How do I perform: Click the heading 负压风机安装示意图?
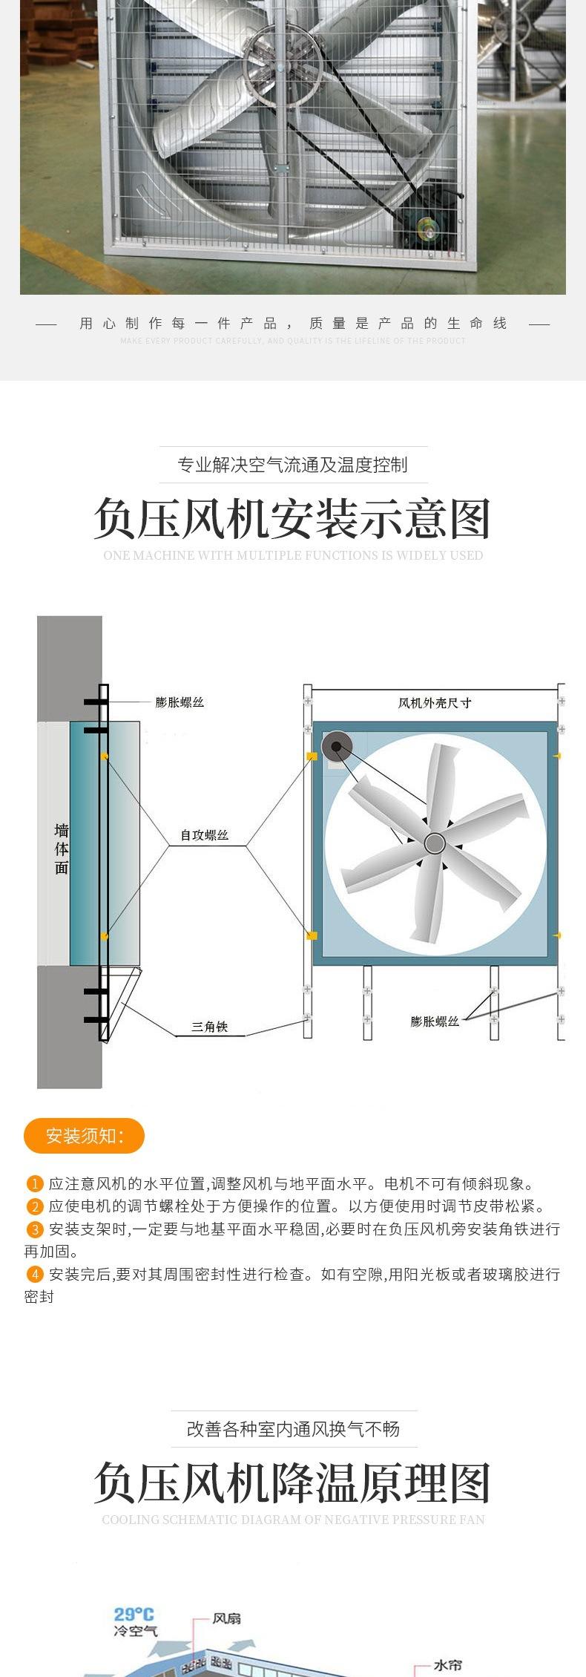(292, 519)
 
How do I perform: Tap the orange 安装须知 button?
(84, 1136)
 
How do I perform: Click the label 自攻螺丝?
(204, 835)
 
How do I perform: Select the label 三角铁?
(209, 1027)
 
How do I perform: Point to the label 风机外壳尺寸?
(434, 702)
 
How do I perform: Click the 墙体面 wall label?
(62, 849)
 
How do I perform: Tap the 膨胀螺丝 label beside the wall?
(180, 702)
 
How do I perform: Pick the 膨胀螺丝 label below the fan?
(435, 1021)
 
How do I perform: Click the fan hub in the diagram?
(435, 843)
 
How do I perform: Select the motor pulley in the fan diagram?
(336, 745)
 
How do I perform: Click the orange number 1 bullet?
(35, 1184)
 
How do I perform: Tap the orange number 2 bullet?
(35, 1206)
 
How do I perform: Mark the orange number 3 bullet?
(35, 1229)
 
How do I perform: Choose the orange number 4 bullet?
(35, 1275)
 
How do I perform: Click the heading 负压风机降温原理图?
(292, 1484)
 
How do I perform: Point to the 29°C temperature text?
(134, 1614)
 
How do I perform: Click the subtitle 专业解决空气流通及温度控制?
(292, 465)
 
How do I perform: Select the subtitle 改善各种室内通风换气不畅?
(293, 1429)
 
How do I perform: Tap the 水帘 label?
(447, 1665)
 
